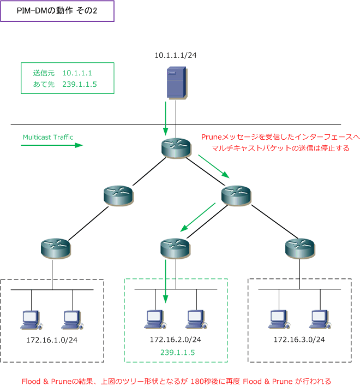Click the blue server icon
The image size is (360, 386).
point(177,82)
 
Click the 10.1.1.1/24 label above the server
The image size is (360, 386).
point(176,55)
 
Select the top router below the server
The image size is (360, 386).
point(176,148)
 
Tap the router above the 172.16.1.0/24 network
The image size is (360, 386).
point(56,248)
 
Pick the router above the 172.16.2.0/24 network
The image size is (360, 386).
point(175,248)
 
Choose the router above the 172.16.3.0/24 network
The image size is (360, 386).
point(300,248)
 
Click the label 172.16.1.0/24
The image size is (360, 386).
point(52,340)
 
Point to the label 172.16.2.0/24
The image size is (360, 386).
point(176,340)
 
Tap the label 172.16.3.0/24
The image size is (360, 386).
point(299,340)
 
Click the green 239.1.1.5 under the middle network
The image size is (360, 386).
point(177,353)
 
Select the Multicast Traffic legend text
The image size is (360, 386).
point(48,137)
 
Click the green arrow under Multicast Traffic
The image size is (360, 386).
point(52,145)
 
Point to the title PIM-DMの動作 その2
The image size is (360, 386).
point(57,10)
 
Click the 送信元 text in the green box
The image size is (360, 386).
point(44,73)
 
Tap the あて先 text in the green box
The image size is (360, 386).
point(44,84)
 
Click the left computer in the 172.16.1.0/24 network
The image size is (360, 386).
point(31,320)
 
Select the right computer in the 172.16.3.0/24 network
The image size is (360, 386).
point(320,319)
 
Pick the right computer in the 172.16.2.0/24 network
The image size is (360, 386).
point(196,319)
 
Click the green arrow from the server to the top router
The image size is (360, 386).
point(166,118)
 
